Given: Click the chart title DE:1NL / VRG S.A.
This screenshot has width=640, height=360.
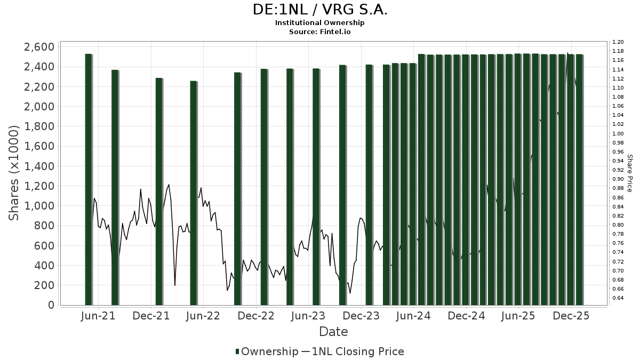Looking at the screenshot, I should point(319,10).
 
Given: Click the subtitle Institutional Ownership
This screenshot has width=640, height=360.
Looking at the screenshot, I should point(319,23).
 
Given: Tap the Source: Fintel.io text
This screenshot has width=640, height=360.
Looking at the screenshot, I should point(319,31).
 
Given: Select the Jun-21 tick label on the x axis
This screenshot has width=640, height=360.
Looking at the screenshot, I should point(99,316).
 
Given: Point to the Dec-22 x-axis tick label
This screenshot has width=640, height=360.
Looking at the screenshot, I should point(257,316).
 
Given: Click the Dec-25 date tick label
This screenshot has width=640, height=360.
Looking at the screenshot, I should point(571,316).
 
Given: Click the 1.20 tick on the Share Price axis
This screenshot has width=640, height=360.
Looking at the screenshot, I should point(618,42).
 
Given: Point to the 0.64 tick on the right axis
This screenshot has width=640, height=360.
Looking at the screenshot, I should point(618,298).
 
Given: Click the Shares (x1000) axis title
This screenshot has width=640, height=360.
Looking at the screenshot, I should point(14,173).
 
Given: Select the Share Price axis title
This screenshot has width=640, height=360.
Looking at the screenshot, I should point(630,173).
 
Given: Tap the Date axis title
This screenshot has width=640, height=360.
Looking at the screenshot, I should point(333,332).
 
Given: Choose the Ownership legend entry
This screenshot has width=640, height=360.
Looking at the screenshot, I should point(267,351).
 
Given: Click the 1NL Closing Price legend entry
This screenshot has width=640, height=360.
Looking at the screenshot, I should point(353,351).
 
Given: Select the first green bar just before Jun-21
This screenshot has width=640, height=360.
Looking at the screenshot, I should point(89,179).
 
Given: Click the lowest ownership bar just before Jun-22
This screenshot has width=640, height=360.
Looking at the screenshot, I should point(193,193).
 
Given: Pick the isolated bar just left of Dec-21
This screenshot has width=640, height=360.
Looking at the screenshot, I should point(159,191).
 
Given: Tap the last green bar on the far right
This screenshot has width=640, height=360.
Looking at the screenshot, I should point(579,179).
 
